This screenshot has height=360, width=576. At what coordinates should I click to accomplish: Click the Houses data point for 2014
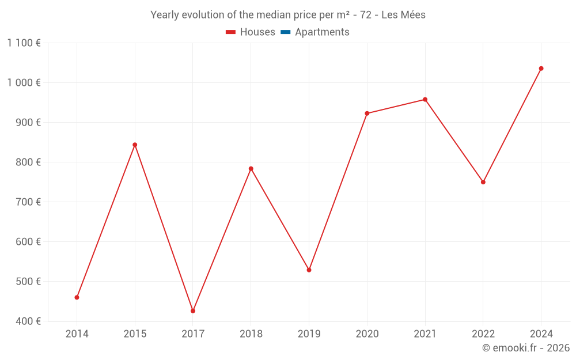pyautogui.click(x=77, y=297)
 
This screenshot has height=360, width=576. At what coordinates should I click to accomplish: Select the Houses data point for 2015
pyautogui.click(x=135, y=145)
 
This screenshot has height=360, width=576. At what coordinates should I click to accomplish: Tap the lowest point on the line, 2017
pyautogui.click(x=193, y=311)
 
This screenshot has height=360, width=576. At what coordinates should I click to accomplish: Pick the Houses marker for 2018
pyautogui.click(x=251, y=169)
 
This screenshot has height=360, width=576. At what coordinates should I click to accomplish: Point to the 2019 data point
pyautogui.click(x=309, y=270)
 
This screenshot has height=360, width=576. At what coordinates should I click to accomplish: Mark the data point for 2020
pyautogui.click(x=367, y=113)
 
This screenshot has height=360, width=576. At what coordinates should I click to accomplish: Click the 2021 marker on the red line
pyautogui.click(x=425, y=100)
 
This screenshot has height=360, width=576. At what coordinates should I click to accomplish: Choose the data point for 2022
pyautogui.click(x=483, y=182)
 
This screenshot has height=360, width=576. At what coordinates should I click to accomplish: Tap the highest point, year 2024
pyautogui.click(x=541, y=69)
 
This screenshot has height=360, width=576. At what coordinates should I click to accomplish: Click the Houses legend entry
pyautogui.click(x=251, y=32)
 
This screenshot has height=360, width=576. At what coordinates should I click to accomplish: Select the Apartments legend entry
pyautogui.click(x=315, y=32)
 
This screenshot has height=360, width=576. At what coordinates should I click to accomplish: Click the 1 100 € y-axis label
pyautogui.click(x=24, y=43)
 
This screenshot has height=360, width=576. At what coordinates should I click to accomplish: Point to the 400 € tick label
pyautogui.click(x=29, y=321)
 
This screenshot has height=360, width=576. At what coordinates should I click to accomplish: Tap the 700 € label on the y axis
pyautogui.click(x=29, y=202)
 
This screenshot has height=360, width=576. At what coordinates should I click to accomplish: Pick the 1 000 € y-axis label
pyautogui.click(x=24, y=82)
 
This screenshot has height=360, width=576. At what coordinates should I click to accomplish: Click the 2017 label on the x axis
pyautogui.click(x=193, y=334)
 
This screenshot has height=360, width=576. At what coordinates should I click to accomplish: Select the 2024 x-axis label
pyautogui.click(x=541, y=334)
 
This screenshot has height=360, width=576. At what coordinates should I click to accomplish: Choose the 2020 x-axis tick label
pyautogui.click(x=367, y=334)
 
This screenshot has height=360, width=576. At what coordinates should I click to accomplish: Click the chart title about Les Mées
pyautogui.click(x=288, y=15)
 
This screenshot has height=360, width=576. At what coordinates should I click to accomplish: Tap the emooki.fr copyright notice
pyautogui.click(x=526, y=348)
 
